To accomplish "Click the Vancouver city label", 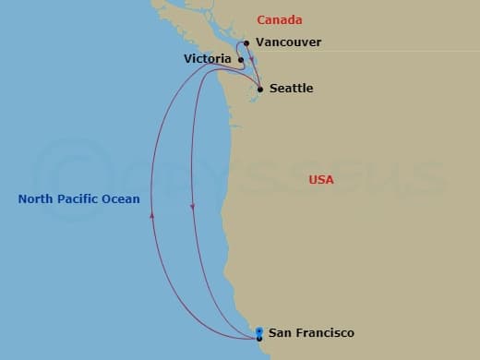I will click(289, 42).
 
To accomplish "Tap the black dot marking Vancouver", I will click(246, 42).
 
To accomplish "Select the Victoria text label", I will click(207, 58).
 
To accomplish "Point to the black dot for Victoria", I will click(241, 61).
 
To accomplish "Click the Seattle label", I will click(291, 89).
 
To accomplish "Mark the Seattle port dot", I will click(260, 90).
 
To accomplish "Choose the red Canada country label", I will click(279, 19).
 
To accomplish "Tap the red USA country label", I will click(321, 179).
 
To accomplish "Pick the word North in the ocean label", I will click(36, 198).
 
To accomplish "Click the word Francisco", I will click(322, 332).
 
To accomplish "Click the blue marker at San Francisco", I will click(259, 331).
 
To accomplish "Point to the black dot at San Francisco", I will click(259, 339).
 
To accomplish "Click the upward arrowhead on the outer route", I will click(152, 212).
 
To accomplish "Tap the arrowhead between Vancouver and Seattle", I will click(252, 54).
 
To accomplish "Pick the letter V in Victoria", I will click(188, 58).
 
